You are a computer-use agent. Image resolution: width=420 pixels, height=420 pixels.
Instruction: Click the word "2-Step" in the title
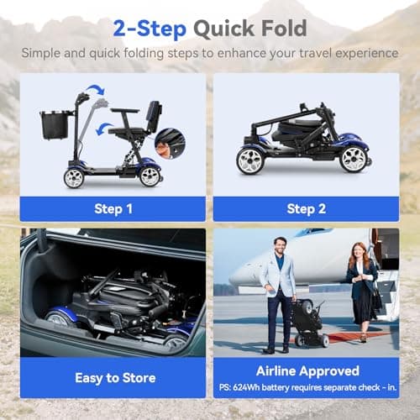click(145, 28)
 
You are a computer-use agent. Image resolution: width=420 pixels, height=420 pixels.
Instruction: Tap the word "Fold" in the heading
click(284, 28)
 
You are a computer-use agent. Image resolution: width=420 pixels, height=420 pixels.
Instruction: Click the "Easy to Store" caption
click(113, 377)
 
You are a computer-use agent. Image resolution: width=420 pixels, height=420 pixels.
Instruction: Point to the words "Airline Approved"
click(306, 370)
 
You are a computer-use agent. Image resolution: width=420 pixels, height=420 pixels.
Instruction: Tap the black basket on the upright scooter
click(55, 124)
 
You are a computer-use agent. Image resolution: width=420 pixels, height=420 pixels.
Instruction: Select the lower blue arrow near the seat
click(104, 129)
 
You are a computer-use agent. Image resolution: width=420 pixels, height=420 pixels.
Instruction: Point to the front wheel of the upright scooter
click(73, 177)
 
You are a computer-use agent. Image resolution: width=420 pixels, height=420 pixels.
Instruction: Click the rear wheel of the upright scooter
click(150, 176)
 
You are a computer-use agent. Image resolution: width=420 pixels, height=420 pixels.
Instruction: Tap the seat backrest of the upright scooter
click(155, 116)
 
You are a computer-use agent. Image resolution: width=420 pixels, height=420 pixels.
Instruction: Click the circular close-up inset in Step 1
click(171, 143)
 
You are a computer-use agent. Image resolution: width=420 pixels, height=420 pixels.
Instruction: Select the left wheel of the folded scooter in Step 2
click(250, 159)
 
